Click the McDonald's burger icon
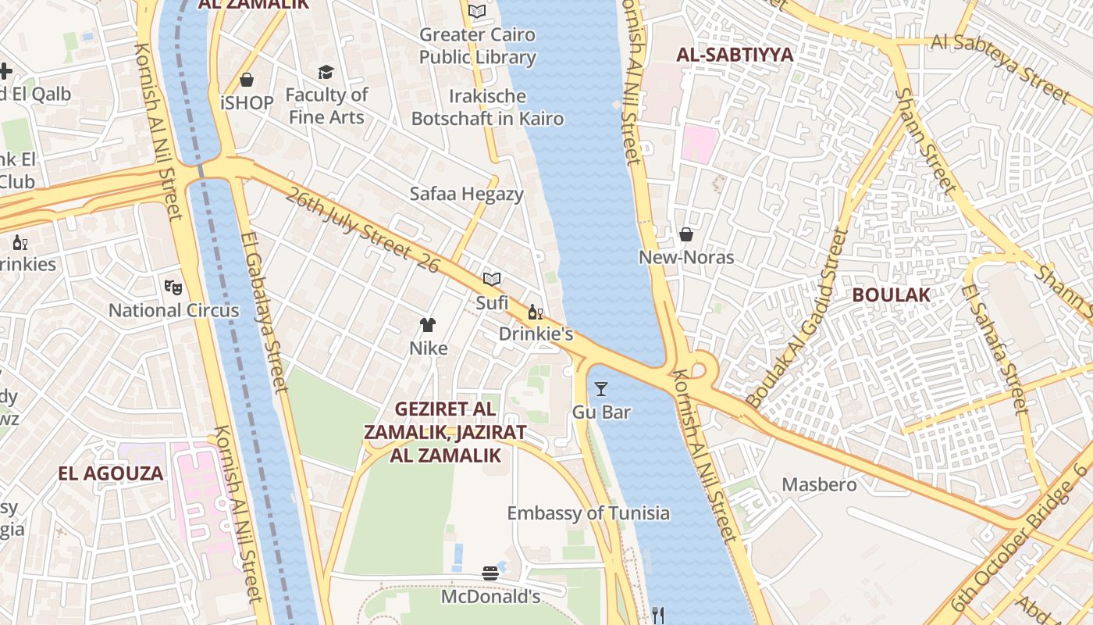[x=490, y=573]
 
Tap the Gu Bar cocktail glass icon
[x=601, y=388]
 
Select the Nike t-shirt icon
[x=428, y=324]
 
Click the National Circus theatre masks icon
[x=173, y=287]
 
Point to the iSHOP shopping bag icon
[x=247, y=80]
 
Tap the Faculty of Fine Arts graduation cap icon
[x=326, y=73]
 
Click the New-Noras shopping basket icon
[x=685, y=234]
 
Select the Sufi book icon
[x=491, y=279]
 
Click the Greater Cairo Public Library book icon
[x=477, y=11]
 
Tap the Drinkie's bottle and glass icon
[x=535, y=312]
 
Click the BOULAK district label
[x=891, y=295]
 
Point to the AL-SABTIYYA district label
[x=734, y=55]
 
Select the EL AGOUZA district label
[x=111, y=473]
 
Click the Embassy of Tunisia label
[x=588, y=513]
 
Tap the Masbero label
[x=819, y=484]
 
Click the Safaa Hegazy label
[x=466, y=194]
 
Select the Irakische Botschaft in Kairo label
[x=487, y=108]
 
